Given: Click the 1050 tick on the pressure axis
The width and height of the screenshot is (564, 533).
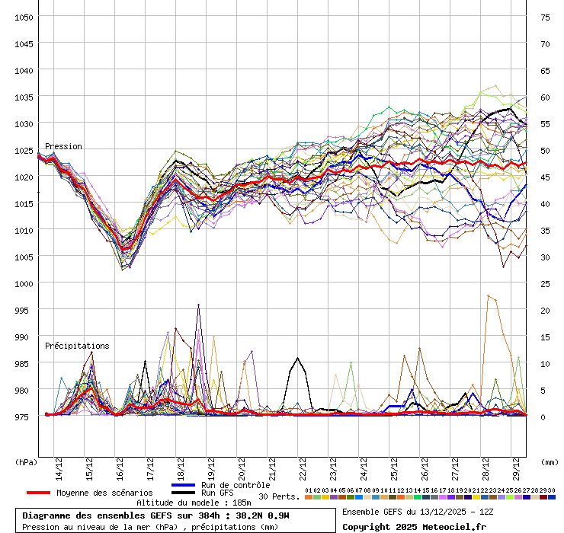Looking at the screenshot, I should pyautogui.click(x=24, y=17).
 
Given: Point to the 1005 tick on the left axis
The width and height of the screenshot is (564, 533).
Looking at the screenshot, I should pyautogui.click(x=24, y=257).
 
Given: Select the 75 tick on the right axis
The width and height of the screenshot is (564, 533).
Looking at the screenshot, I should pyautogui.click(x=545, y=17).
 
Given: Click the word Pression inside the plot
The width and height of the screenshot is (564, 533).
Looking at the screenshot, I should pyautogui.click(x=63, y=146).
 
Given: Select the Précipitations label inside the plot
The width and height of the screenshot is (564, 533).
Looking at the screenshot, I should pyautogui.click(x=77, y=346).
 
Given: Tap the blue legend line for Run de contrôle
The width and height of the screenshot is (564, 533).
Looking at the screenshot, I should pyautogui.click(x=184, y=485).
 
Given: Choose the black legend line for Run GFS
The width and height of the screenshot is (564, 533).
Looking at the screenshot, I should pyautogui.click(x=184, y=493).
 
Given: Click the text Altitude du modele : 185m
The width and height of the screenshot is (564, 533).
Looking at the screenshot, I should pyautogui.click(x=194, y=503).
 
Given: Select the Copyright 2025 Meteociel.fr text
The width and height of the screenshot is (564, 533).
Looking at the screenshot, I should pyautogui.click(x=414, y=526).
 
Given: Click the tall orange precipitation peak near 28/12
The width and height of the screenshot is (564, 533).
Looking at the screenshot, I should pyautogui.click(x=488, y=295).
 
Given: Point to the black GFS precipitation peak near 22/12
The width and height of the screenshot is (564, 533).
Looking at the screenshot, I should pyautogui.click(x=297, y=358).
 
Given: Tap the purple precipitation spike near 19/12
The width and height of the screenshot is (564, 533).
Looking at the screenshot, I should pyautogui.click(x=198, y=305).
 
